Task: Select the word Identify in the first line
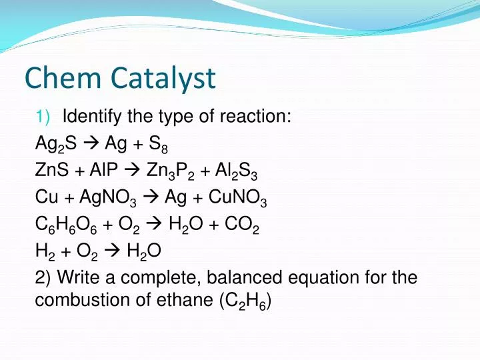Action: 91,117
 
